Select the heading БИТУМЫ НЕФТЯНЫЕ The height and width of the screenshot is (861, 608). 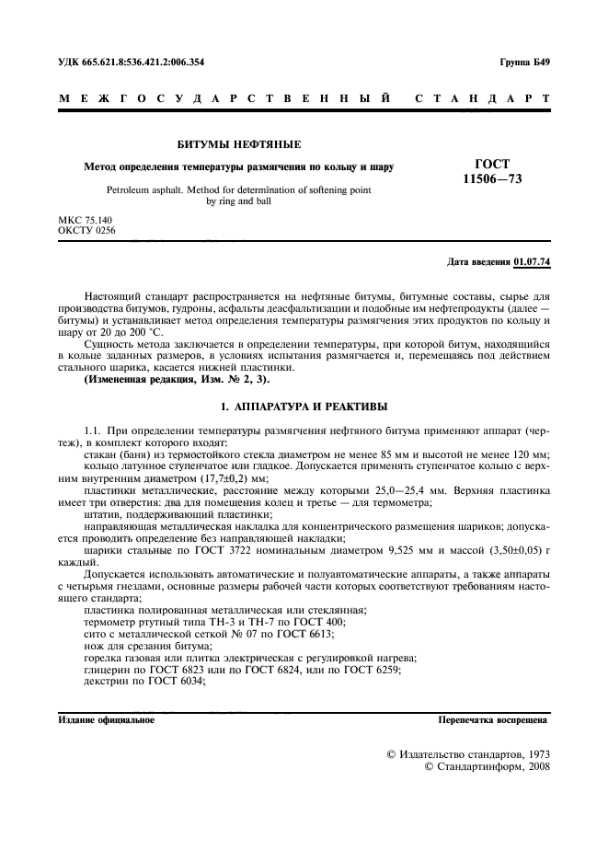238,144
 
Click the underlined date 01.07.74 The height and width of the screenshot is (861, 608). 532,262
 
